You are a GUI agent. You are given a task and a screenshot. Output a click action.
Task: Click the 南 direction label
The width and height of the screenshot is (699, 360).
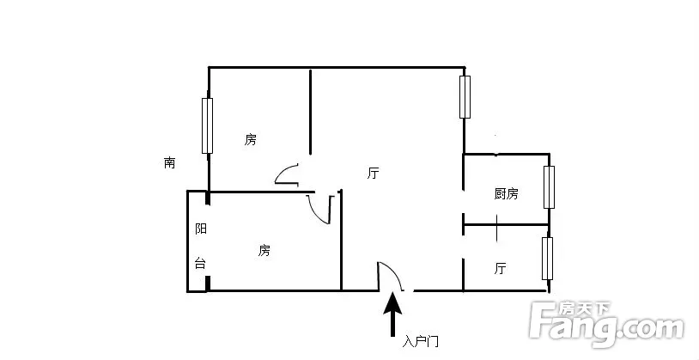pyautogui.click(x=169, y=163)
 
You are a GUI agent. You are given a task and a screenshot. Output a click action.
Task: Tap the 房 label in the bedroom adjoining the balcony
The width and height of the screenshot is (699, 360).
pyautogui.click(x=264, y=250)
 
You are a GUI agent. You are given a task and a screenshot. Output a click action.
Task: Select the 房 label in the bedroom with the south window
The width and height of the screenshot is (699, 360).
pyautogui.click(x=251, y=140)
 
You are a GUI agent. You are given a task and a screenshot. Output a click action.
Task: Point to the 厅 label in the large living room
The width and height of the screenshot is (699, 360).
pyautogui.click(x=374, y=173)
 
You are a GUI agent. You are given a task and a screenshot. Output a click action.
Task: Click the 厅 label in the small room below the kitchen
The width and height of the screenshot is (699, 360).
pyautogui.click(x=500, y=269)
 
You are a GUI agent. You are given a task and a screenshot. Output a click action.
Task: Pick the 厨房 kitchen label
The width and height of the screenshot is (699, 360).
pyautogui.click(x=507, y=193)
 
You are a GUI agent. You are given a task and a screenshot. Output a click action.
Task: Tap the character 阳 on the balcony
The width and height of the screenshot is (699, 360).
pyautogui.click(x=201, y=229)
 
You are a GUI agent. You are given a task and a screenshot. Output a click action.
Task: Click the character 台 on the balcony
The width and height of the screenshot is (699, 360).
pyautogui.click(x=201, y=263)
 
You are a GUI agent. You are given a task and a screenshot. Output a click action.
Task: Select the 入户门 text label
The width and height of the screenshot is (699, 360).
pyautogui.click(x=421, y=342)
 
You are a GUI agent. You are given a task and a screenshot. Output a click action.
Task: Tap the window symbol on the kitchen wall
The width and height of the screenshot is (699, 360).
pyautogui.click(x=550, y=187)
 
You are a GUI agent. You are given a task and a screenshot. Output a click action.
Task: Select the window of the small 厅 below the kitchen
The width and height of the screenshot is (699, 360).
pyautogui.click(x=547, y=259)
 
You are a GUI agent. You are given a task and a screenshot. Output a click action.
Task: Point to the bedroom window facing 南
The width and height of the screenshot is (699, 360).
pyautogui.click(x=207, y=125)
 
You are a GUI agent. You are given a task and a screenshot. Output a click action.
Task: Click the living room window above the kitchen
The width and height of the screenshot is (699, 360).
pyautogui.click(x=465, y=97)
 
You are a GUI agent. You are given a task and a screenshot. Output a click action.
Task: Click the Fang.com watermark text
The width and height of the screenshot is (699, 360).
pyautogui.click(x=606, y=327)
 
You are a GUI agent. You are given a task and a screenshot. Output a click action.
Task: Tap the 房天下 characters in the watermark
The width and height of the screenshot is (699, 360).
pyautogui.click(x=585, y=308)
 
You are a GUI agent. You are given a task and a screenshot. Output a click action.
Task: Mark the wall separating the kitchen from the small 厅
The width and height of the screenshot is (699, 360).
pyautogui.click(x=507, y=224)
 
